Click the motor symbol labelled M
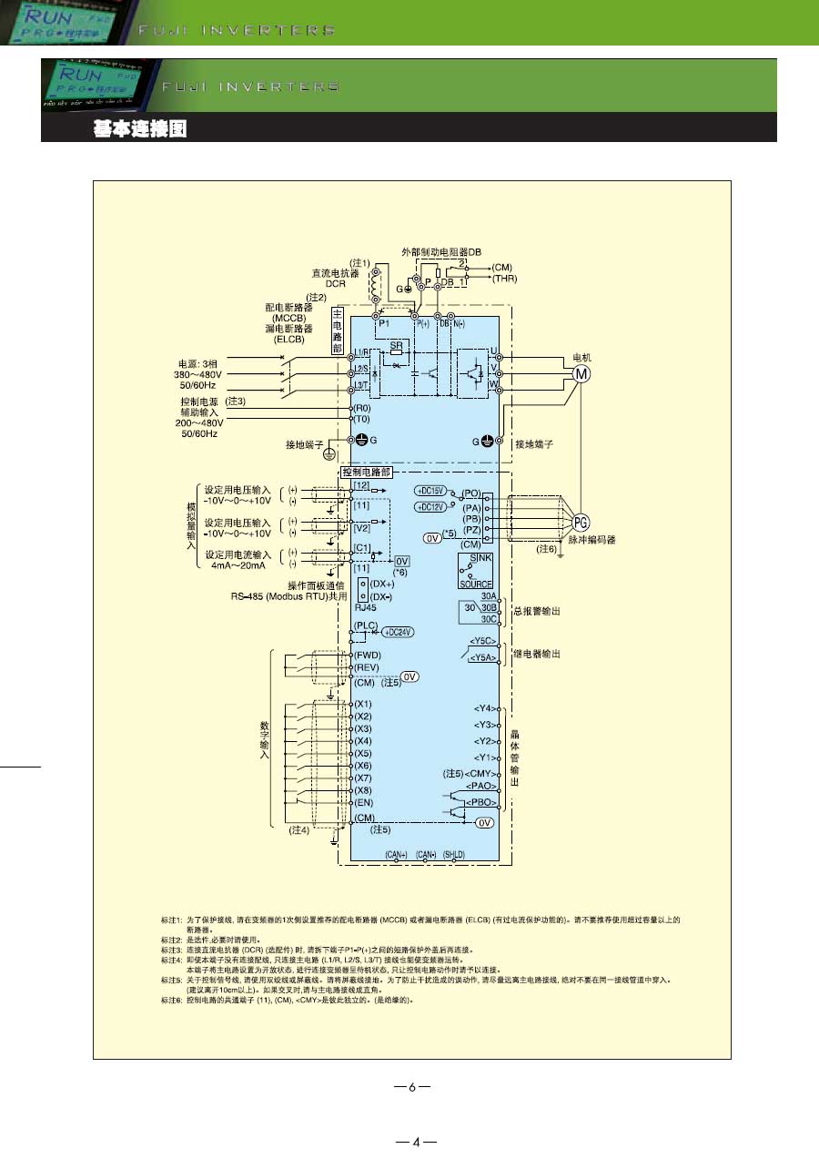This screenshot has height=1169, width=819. (580, 373)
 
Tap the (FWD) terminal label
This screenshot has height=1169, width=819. (368, 655)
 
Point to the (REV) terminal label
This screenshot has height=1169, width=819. (368, 667)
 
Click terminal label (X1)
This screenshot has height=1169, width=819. (363, 704)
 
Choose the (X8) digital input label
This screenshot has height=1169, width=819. (363, 790)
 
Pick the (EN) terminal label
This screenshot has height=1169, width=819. (364, 802)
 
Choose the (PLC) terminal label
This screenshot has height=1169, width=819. (366, 625)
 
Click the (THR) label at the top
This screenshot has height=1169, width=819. (505, 279)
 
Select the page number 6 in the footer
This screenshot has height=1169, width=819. (411, 1087)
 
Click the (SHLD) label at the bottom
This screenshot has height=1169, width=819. (453, 855)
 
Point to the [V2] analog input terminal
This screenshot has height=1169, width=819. (362, 527)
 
